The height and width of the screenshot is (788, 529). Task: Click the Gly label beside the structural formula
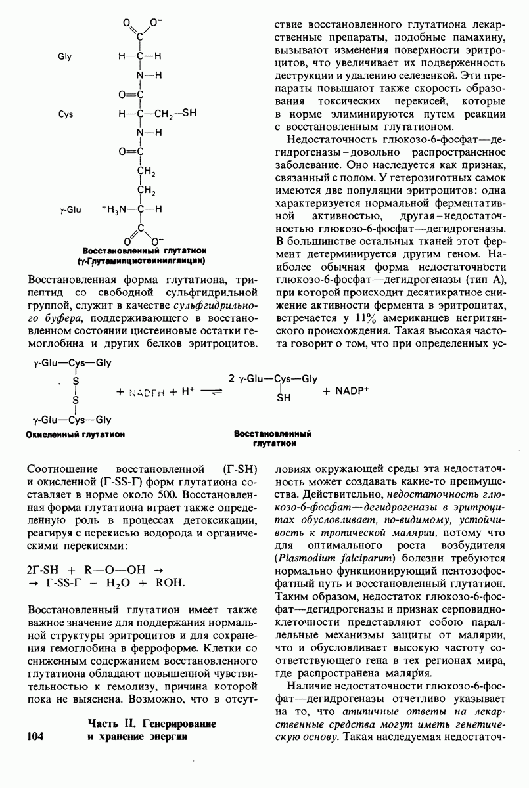[x=64, y=56]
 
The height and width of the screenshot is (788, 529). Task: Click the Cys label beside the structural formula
[x=65, y=114]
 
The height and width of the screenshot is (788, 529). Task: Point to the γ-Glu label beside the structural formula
[x=69, y=209]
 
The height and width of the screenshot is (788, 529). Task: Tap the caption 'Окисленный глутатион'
[x=75, y=434]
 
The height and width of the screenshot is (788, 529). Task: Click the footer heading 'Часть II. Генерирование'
[x=152, y=724]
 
